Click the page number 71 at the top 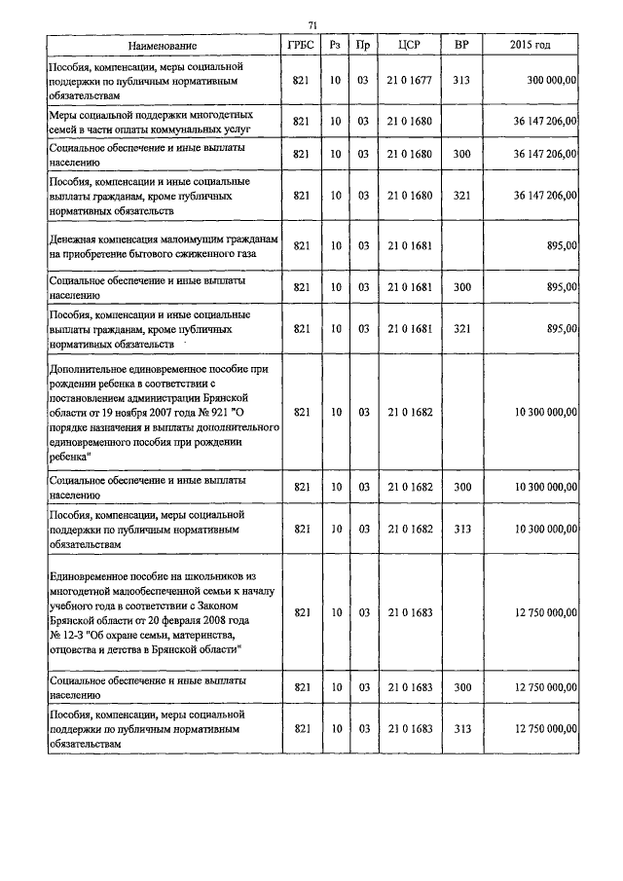pos(313,24)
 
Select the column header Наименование pos(162,46)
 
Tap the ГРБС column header pos(300,46)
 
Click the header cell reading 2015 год pos(530,46)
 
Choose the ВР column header pos(461,46)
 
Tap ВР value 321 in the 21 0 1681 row pos(461,329)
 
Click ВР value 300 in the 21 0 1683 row pos(461,687)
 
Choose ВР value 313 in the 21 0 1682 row pos(461,529)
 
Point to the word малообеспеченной pos(143,592)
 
